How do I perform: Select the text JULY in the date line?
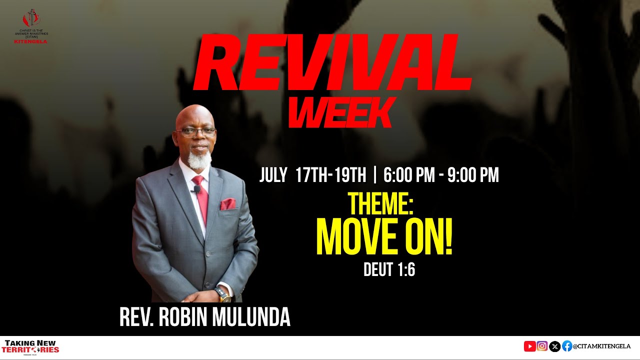tap(273, 175)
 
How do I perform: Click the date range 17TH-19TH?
tap(331, 175)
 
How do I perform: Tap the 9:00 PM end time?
tap(473, 175)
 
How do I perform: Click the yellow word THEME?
tap(381, 204)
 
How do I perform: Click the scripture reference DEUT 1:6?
tap(389, 270)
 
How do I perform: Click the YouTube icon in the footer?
tap(529, 346)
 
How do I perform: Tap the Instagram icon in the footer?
tap(542, 346)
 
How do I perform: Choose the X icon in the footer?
tap(554, 346)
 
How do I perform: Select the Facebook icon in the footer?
tap(567, 346)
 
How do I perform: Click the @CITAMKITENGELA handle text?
tap(601, 346)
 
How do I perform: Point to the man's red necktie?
tap(201, 197)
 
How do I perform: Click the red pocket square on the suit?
tap(228, 204)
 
